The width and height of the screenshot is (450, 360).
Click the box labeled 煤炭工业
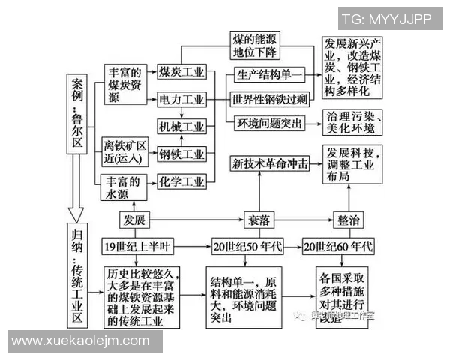pos(181,73)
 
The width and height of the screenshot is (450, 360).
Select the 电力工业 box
pos(181,100)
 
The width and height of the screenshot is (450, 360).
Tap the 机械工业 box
pos(181,127)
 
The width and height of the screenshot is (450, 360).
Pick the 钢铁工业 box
pos(181,154)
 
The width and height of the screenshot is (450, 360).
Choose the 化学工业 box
pos(181,181)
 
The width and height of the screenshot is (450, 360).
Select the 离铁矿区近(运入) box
pos(124,148)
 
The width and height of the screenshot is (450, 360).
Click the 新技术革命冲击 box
pos(270,164)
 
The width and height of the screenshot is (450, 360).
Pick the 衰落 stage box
pos(258,220)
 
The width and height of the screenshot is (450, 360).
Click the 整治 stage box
pos(349,220)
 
